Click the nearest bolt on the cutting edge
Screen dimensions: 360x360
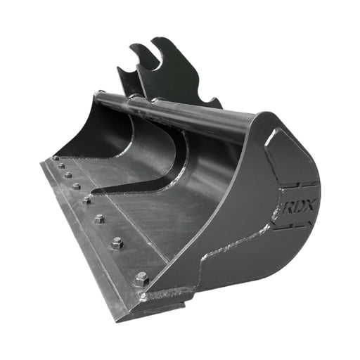[x=141, y=278]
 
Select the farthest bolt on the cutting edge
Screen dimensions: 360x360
[x=56, y=158]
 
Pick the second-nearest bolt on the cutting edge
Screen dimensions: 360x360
[x=117, y=243]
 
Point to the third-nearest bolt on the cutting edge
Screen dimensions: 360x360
[x=99, y=219]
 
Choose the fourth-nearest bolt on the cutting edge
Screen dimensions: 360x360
[x=86, y=200]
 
